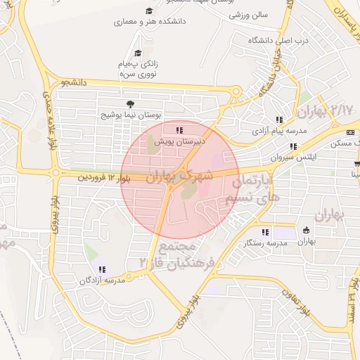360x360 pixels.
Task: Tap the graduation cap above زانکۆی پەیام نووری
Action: [x=139, y=53]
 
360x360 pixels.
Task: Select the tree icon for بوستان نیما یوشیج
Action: [x=129, y=104]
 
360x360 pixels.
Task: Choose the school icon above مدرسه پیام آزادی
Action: [x=280, y=120]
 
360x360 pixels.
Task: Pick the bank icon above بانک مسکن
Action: [x=350, y=133]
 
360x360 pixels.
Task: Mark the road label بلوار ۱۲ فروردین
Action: [x=102, y=179]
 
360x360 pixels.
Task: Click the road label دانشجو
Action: [x=73, y=82]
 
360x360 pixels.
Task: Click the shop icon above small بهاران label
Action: [x=306, y=230]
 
